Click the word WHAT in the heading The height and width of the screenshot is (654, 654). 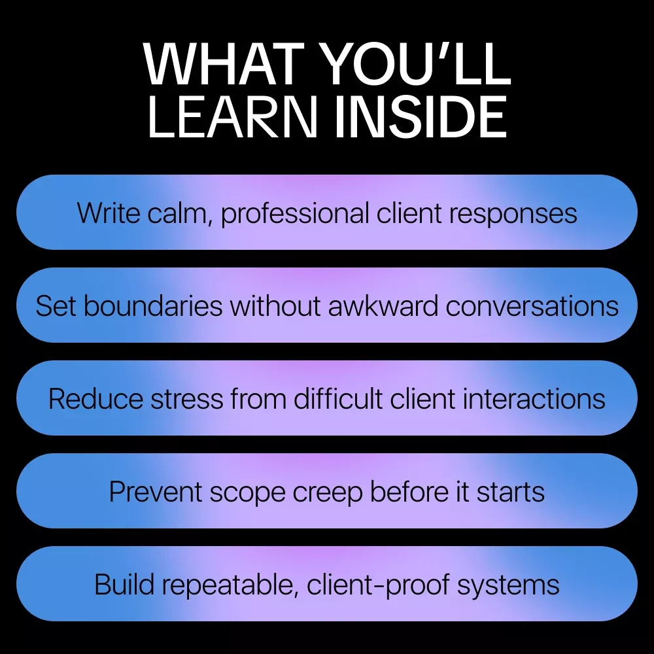[224, 64]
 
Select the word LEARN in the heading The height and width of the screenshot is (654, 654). [232, 117]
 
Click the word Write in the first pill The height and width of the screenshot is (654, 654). [109, 213]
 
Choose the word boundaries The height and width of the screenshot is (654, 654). [153, 305]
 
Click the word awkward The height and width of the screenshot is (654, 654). [383, 305]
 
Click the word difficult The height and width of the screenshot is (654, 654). [338, 398]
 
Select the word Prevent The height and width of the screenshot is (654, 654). [156, 491]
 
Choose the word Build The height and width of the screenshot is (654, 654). [124, 584]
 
